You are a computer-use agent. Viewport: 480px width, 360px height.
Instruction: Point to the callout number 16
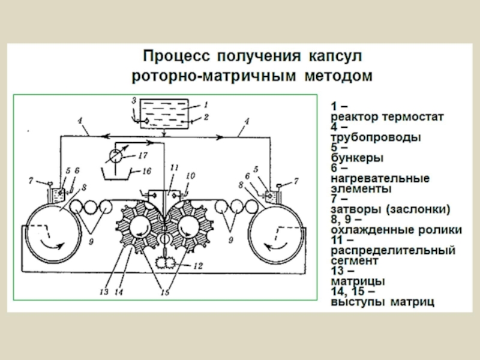[x=146, y=171]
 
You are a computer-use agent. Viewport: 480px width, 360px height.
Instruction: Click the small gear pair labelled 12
[x=163, y=264]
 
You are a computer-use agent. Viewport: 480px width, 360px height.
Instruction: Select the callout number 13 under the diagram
[x=104, y=292]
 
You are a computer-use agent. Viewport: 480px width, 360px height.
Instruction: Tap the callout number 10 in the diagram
[x=190, y=176]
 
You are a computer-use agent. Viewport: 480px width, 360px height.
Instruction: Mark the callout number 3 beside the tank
[x=134, y=100]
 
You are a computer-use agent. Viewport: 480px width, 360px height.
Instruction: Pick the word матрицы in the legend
[x=358, y=281]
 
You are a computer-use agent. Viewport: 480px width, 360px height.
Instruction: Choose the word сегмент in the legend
[x=354, y=261]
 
